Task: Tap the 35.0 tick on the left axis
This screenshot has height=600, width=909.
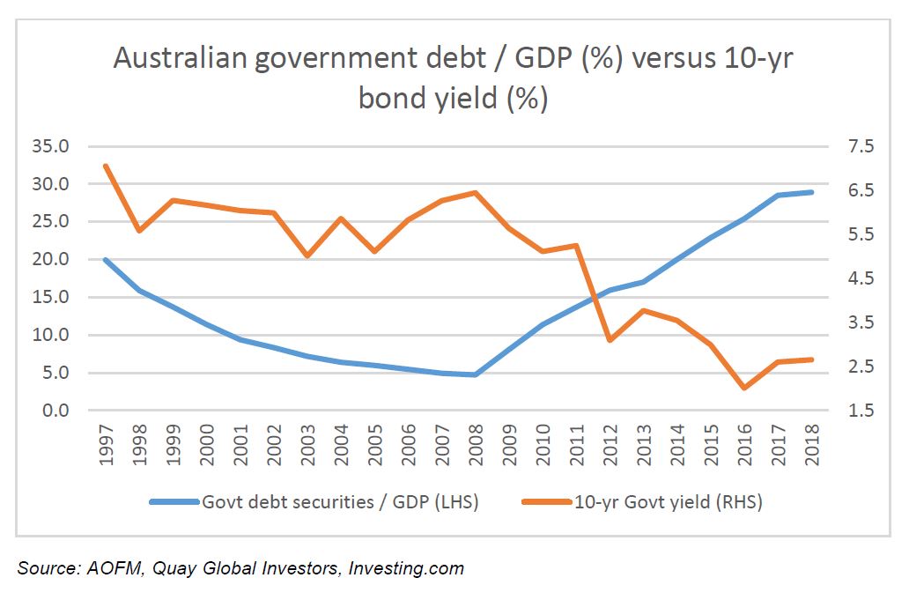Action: [48, 146]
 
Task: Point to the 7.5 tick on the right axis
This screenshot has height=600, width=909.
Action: [854, 146]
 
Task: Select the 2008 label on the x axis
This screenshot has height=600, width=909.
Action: [476, 446]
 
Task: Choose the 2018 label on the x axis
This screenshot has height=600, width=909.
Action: [810, 446]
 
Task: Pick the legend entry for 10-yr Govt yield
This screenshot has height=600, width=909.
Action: [668, 502]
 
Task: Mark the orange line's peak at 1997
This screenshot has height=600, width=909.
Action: [106, 166]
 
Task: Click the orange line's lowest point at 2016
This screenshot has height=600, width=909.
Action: [744, 388]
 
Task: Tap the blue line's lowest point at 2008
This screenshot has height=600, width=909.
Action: [476, 374]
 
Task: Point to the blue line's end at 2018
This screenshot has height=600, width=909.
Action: [811, 192]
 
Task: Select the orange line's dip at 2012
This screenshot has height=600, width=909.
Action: [610, 340]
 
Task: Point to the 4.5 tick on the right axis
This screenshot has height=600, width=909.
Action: [854, 278]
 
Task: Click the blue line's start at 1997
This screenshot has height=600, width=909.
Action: [106, 260]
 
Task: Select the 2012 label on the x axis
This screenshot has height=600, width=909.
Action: [610, 446]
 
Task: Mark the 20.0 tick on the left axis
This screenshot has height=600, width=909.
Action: [48, 260]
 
